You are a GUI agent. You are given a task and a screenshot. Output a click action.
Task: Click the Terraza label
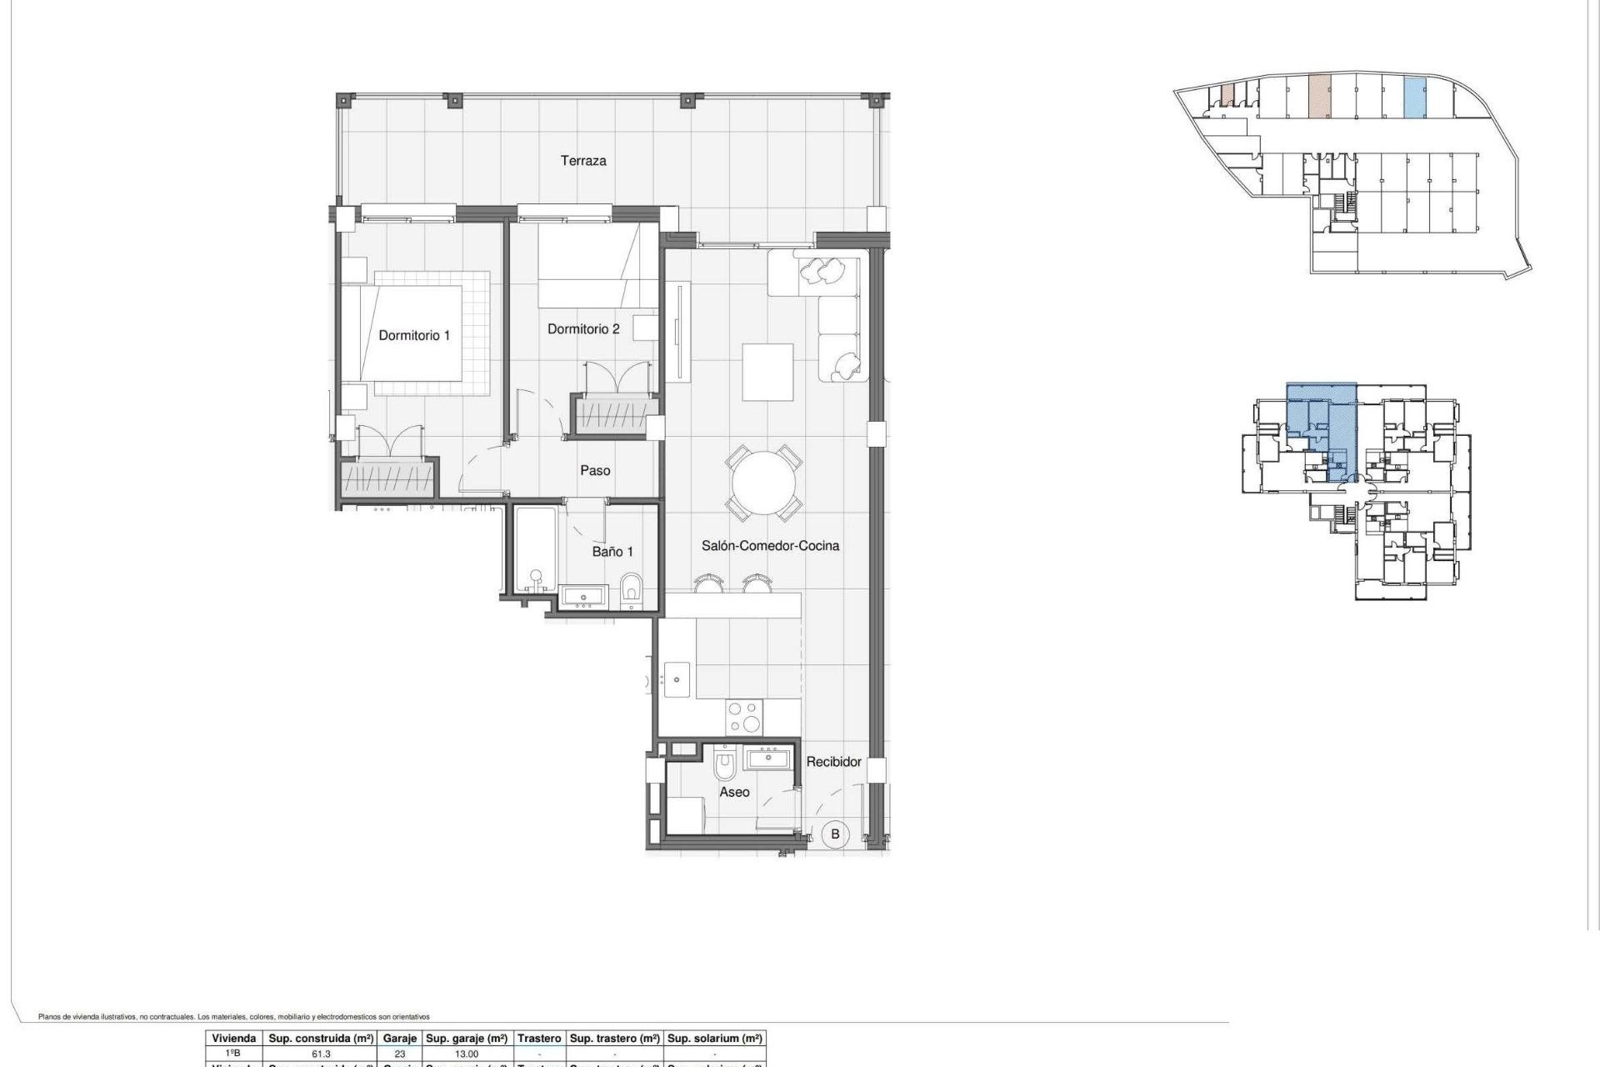pyautogui.click(x=582, y=161)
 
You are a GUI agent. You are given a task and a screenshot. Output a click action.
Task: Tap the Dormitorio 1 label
pyautogui.click(x=414, y=335)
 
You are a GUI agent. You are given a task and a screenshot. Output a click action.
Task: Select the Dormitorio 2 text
pyautogui.click(x=583, y=329)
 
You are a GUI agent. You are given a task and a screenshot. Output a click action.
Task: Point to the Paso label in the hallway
pyautogui.click(x=595, y=470)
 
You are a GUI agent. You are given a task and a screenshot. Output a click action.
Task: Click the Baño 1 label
pyautogui.click(x=612, y=551)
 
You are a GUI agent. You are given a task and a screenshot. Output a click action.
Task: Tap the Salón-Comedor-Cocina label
pyautogui.click(x=770, y=545)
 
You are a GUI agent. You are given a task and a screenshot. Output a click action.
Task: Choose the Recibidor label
pyautogui.click(x=833, y=761)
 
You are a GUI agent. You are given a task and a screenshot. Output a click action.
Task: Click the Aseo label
pyautogui.click(x=734, y=792)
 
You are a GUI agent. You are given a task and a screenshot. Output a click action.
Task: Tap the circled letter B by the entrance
pyautogui.click(x=835, y=834)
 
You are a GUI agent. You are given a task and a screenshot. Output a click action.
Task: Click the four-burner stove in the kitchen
pyautogui.click(x=744, y=717)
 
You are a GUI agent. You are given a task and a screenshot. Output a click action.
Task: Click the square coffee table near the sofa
pyautogui.click(x=767, y=372)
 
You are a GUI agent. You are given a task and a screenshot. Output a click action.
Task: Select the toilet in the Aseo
pyautogui.click(x=725, y=764)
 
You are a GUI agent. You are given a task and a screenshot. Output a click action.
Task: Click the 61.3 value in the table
pyautogui.click(x=321, y=1054)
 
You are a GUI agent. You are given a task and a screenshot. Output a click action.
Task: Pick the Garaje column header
pyautogui.click(x=399, y=1038)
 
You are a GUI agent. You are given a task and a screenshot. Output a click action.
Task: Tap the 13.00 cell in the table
pyautogui.click(x=467, y=1054)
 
